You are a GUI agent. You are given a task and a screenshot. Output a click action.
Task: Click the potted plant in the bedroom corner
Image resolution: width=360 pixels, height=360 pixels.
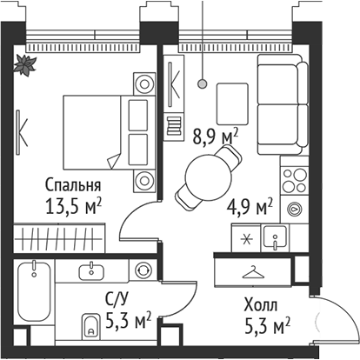click(23, 63)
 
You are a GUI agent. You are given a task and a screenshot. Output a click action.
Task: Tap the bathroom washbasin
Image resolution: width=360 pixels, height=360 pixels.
click(92, 270)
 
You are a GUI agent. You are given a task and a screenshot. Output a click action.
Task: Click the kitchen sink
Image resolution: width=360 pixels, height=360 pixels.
click(279, 237)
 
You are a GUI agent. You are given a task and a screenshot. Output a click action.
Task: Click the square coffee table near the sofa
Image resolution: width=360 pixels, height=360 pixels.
click(231, 97)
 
